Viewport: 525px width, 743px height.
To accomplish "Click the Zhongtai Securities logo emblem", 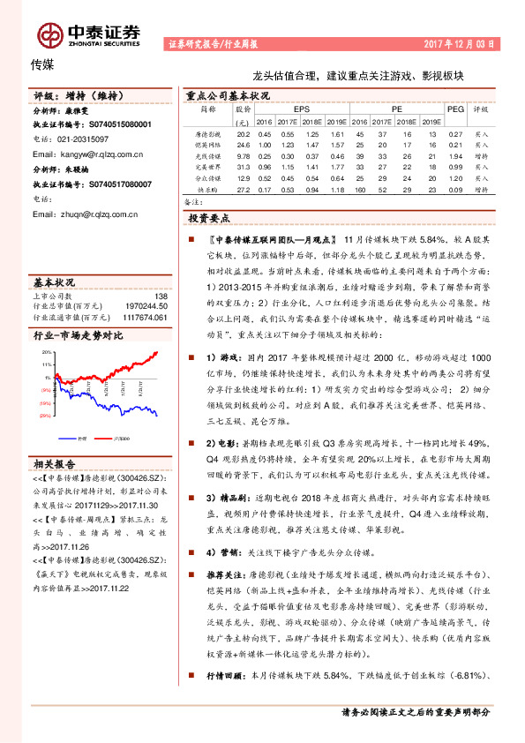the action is pos(49,34).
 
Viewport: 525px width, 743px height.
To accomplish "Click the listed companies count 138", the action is pos(161,296).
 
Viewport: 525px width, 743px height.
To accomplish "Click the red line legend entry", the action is pos(121,438).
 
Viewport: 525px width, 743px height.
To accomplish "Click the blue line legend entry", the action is pos(80,438).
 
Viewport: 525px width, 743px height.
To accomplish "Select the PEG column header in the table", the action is pos(455,109).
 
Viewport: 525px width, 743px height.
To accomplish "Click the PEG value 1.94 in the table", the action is pos(455,154).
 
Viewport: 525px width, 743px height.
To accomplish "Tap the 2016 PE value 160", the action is pos(359,189).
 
